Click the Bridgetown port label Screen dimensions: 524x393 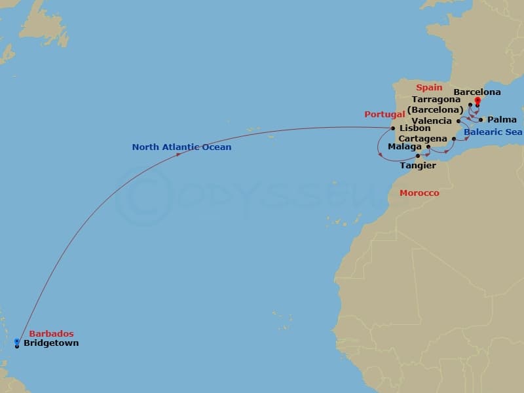pos(51,343)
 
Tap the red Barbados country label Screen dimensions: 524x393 pos(52,333)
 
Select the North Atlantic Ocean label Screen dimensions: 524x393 pos(181,147)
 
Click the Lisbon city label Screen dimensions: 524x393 pos(415,128)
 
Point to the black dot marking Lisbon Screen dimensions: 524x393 pos(393,128)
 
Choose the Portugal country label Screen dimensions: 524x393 pos(385,115)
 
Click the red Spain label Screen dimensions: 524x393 pos(429,87)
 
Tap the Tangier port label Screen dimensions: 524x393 pos(418,166)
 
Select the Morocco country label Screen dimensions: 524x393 pos(419,193)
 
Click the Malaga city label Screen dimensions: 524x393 pos(404,147)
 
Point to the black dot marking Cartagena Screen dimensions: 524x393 pos(454,139)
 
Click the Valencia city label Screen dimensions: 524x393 pos(432,121)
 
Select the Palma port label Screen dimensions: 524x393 pos(502,120)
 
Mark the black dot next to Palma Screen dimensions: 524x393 pos(481,120)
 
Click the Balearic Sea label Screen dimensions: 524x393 pos(493,132)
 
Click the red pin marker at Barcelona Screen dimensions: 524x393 pos(477,100)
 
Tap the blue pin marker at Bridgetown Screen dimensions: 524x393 pos(16,341)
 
